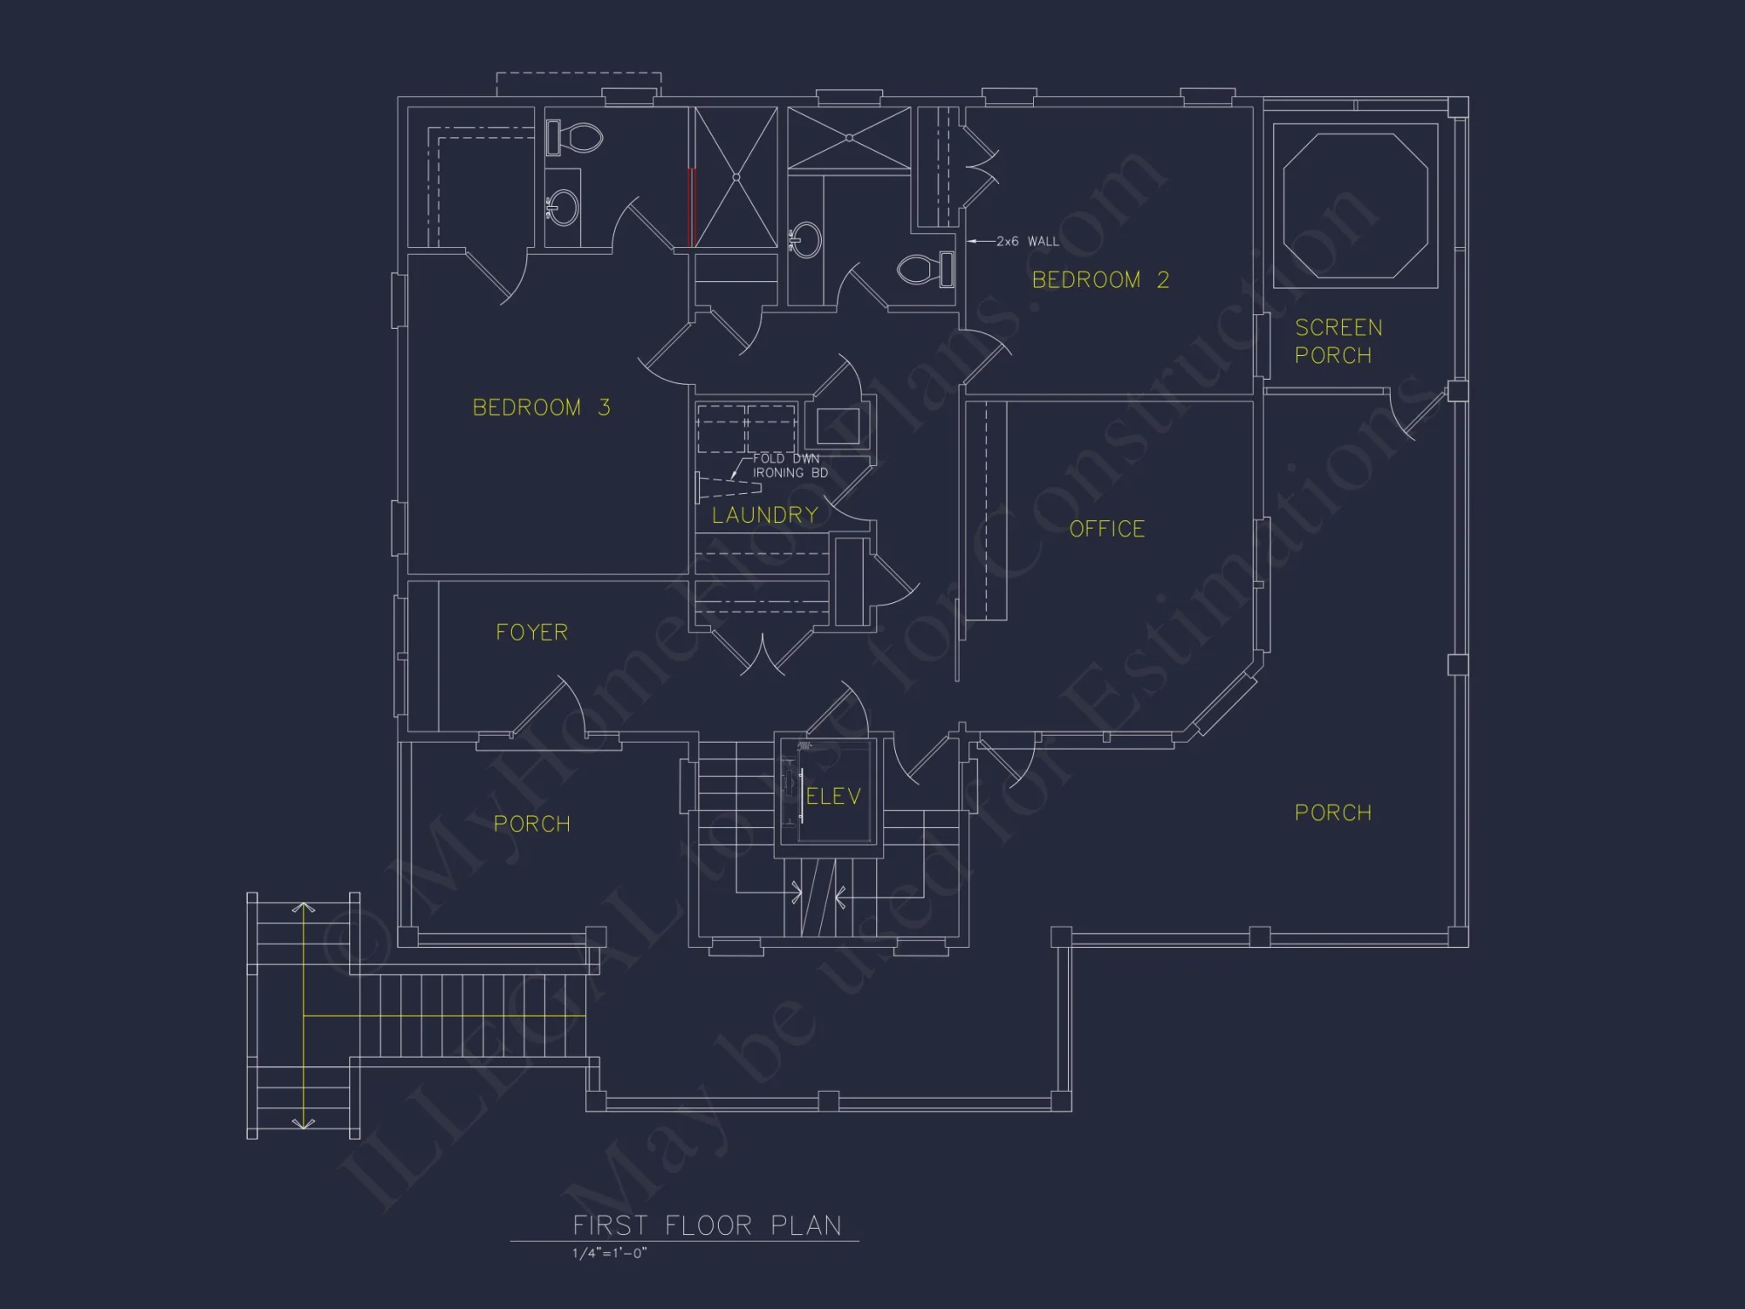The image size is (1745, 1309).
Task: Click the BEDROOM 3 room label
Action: click(541, 408)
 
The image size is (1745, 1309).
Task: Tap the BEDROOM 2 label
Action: click(1099, 280)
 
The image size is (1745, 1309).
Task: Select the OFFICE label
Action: click(1106, 529)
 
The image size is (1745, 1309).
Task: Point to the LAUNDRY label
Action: click(765, 515)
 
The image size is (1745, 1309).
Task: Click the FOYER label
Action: click(531, 632)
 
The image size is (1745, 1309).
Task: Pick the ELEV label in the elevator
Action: click(833, 796)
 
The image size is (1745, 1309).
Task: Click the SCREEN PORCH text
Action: click(1338, 341)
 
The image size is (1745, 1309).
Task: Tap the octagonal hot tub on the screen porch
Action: click(1355, 206)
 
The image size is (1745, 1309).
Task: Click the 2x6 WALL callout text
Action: click(1027, 241)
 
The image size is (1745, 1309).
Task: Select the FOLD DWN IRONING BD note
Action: click(790, 465)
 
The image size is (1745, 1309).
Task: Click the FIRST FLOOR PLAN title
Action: click(707, 1225)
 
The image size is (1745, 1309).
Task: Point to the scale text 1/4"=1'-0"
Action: click(609, 1253)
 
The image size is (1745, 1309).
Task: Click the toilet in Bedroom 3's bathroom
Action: click(576, 138)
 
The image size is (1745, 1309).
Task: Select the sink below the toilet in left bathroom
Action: click(564, 208)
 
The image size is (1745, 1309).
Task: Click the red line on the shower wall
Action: click(691, 207)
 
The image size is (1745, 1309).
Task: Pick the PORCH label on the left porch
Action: click(531, 824)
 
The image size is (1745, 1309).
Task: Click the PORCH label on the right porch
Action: click(1332, 812)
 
